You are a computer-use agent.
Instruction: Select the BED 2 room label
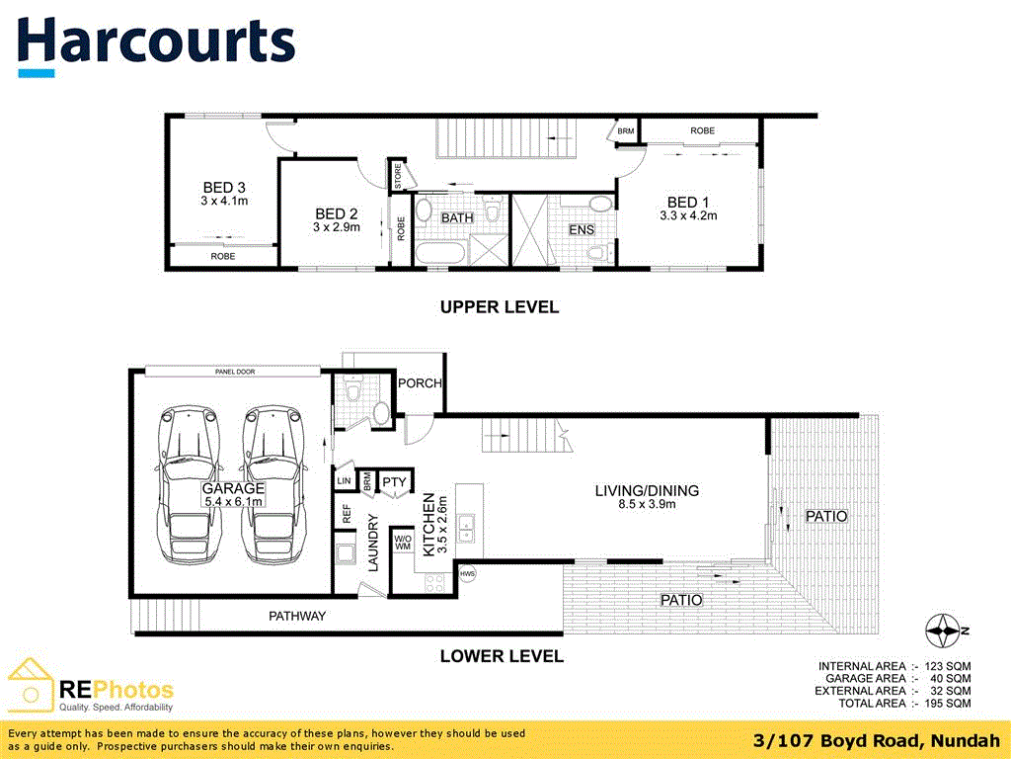(336, 213)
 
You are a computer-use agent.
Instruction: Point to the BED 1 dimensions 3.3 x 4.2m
(688, 214)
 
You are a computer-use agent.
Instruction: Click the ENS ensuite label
(581, 230)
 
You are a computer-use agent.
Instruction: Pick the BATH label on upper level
(457, 217)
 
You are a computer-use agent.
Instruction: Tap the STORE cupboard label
(398, 177)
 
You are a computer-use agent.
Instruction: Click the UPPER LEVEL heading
(499, 307)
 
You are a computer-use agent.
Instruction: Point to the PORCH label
(419, 383)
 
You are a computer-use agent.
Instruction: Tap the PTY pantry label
(395, 482)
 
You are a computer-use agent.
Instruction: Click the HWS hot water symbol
(467, 573)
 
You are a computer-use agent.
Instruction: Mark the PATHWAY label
(297, 616)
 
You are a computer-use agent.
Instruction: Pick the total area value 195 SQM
(950, 703)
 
